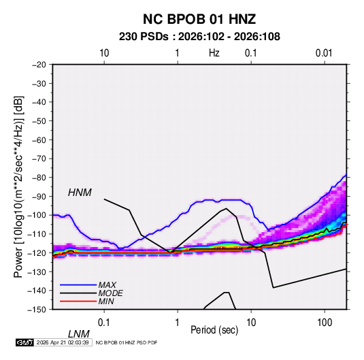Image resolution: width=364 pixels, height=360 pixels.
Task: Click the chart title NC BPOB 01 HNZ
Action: (199, 19)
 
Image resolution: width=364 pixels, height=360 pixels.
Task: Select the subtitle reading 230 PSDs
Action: (144, 37)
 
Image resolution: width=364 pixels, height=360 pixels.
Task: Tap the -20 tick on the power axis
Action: (39, 65)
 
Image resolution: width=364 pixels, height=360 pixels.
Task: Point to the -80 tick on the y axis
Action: (39, 178)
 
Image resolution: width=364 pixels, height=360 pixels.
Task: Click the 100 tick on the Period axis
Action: (325, 323)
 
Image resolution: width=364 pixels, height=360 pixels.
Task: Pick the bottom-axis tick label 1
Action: (178, 323)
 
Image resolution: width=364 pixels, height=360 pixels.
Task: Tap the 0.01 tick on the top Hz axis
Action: (324, 53)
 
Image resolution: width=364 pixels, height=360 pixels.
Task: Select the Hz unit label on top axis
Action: (214, 53)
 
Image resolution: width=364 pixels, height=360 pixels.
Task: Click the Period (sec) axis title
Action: (214, 330)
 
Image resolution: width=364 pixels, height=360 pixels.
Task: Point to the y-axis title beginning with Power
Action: (18, 186)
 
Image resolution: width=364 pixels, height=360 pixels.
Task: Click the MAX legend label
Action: (107, 285)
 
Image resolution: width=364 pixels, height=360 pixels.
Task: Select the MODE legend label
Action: (110, 293)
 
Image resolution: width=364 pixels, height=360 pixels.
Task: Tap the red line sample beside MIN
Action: (78, 301)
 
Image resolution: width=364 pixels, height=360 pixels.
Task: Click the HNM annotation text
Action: (80, 193)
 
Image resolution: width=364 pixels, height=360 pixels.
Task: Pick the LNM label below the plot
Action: (79, 334)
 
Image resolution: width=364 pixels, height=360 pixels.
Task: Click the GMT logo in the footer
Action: (24, 342)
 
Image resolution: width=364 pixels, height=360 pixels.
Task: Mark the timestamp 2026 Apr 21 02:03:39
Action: (63, 342)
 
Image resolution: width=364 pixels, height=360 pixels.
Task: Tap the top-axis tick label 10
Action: (104, 53)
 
